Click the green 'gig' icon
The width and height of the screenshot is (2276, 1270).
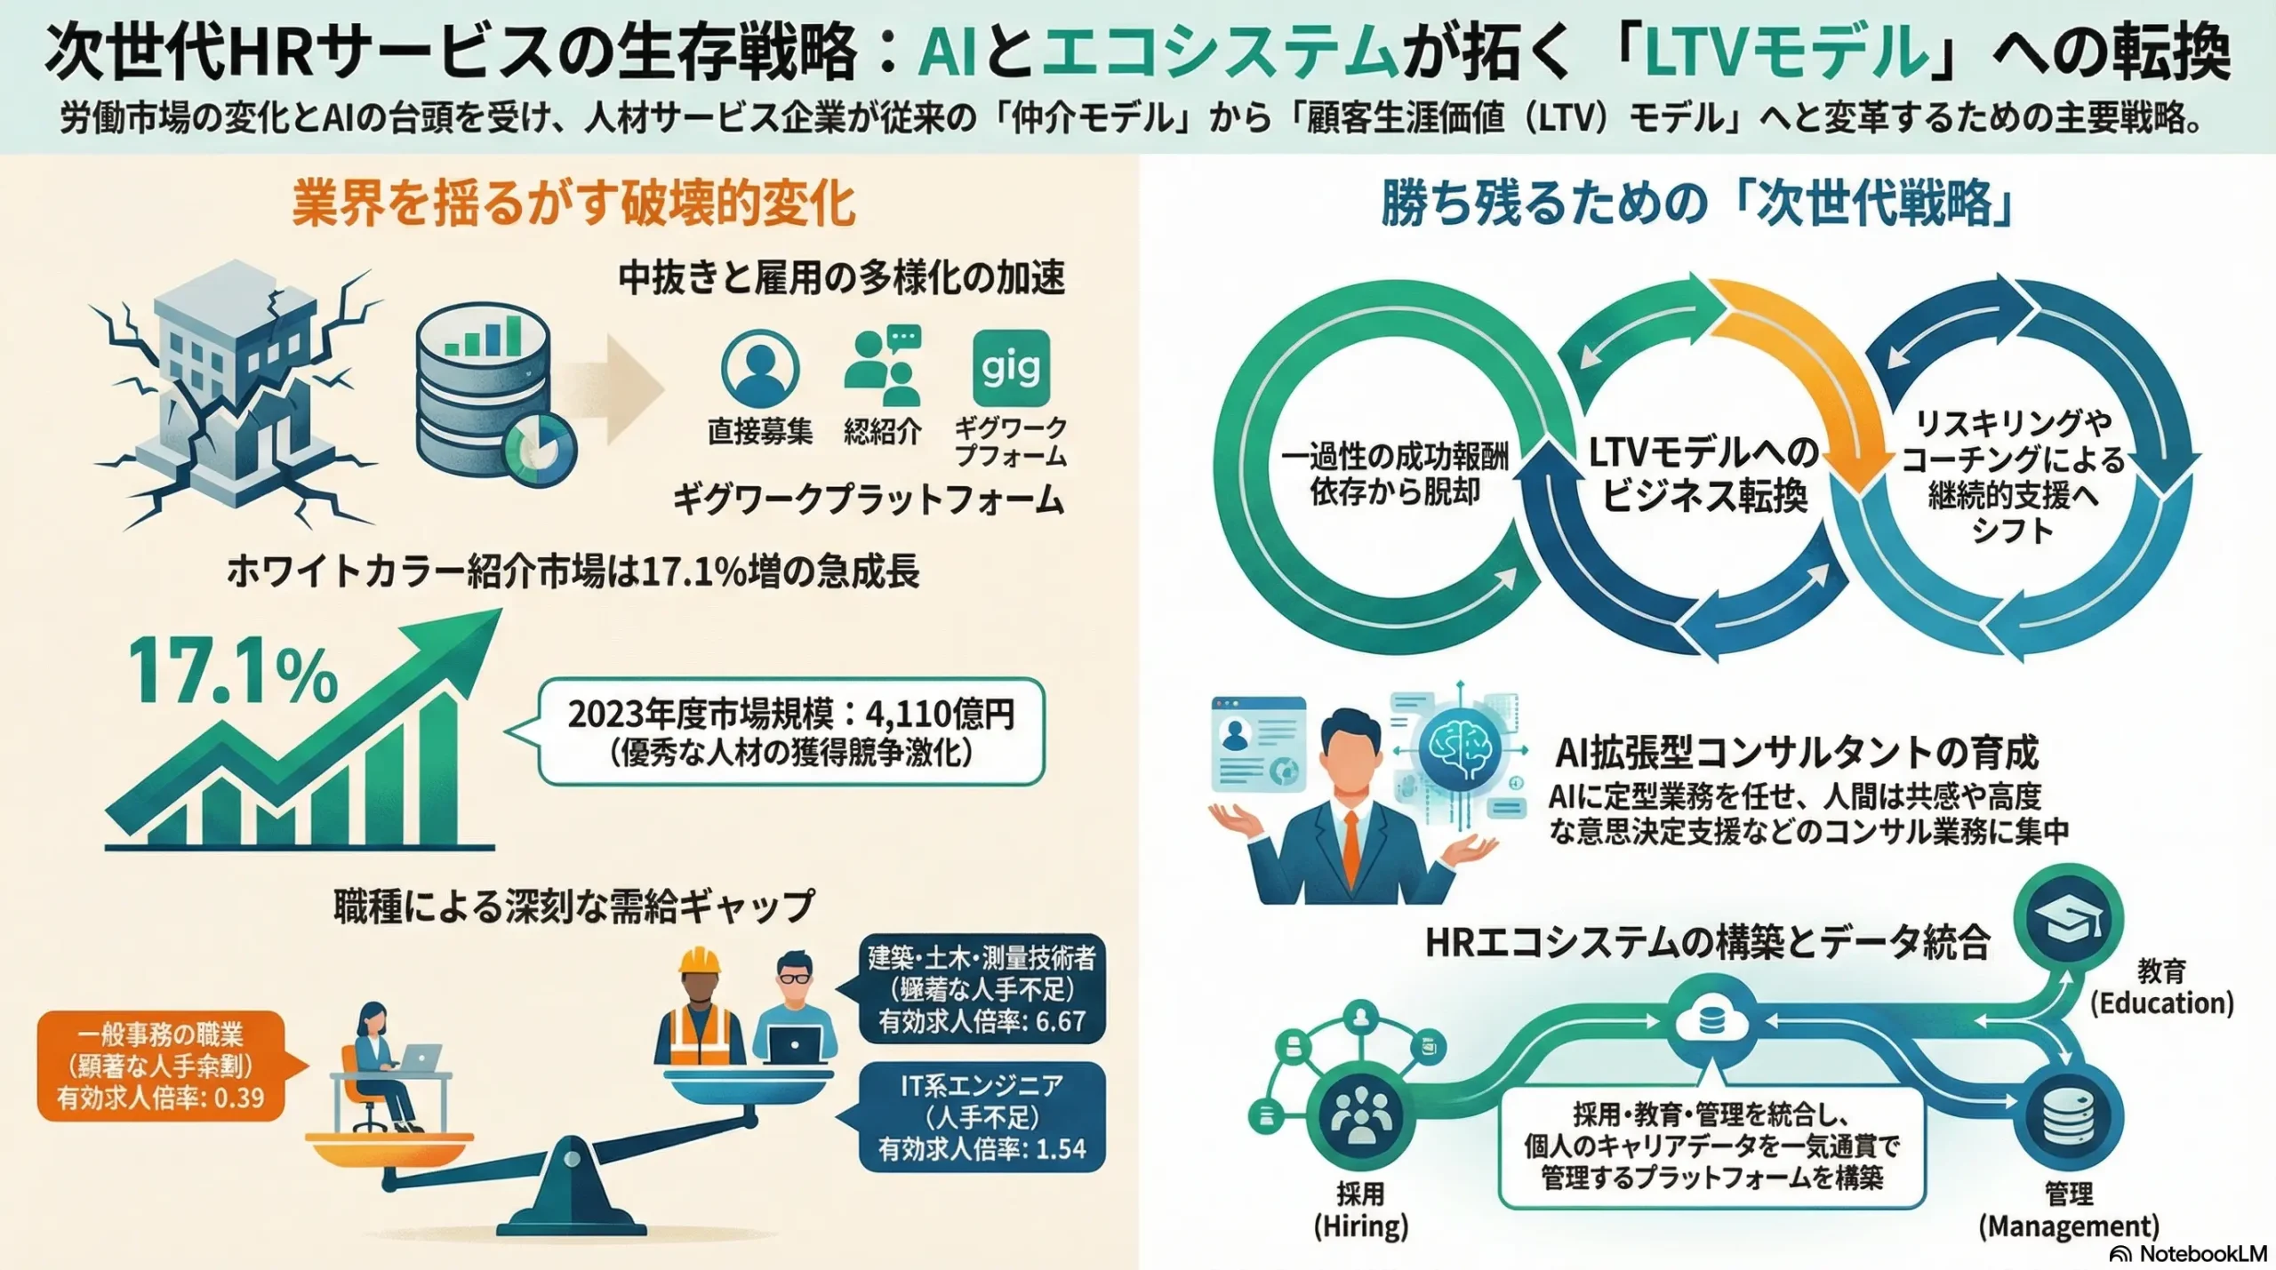pos(1011,368)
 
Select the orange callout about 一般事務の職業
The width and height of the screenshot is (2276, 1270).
pos(161,1066)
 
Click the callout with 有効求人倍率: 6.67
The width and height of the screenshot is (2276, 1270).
pos(982,989)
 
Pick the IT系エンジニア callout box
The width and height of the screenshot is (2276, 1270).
pos(982,1117)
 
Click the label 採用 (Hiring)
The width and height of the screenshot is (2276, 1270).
pos(1360,1210)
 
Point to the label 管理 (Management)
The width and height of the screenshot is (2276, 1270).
pos(2068,1210)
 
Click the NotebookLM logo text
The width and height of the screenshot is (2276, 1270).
pos(2191,1253)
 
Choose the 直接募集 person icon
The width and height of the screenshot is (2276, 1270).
pos(760,368)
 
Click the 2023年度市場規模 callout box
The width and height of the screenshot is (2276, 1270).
pos(791,731)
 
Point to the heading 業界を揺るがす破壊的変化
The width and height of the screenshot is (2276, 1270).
pos(573,204)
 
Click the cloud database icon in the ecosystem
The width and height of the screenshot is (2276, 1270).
pos(1710,1022)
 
